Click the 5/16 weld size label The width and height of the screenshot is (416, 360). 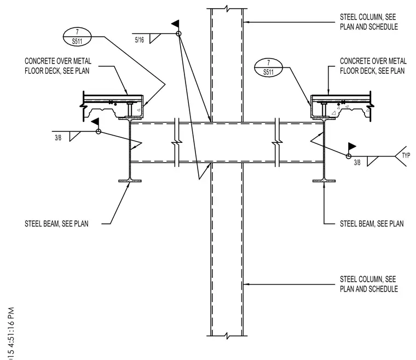[x=139, y=40]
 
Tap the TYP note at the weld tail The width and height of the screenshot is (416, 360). [x=406, y=155]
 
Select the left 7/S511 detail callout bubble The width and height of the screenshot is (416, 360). [x=77, y=37]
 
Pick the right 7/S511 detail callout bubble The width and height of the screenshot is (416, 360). [x=269, y=68]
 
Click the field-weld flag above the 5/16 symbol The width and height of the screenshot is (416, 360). [x=176, y=24]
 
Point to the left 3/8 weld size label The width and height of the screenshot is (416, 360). [x=58, y=138]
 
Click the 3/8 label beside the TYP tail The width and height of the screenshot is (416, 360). [x=357, y=162]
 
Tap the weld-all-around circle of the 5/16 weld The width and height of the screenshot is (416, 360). [x=179, y=34]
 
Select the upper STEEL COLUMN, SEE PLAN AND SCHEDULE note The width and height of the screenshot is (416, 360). [x=369, y=22]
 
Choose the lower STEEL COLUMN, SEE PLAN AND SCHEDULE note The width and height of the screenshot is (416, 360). [x=369, y=284]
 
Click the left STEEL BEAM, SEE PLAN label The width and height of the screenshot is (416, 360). [x=56, y=224]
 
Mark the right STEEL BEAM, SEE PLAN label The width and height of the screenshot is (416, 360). [x=372, y=224]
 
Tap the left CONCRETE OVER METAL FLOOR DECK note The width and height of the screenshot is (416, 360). [x=58, y=66]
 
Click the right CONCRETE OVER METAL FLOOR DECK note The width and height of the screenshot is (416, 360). [x=373, y=66]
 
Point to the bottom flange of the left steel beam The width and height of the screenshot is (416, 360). [x=130, y=181]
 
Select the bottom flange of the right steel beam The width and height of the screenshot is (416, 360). [x=324, y=181]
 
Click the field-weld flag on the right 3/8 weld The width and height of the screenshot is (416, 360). [x=352, y=147]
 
